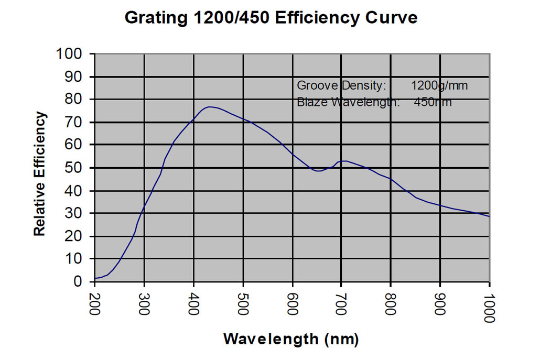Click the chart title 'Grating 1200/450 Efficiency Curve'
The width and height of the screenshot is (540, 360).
(x=271, y=17)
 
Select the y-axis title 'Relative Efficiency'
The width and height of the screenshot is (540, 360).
(x=40, y=174)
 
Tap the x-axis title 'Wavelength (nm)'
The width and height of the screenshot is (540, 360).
(x=291, y=339)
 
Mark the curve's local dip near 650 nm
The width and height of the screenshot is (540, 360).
(x=319, y=171)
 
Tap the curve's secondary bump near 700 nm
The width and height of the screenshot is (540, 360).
(x=343, y=161)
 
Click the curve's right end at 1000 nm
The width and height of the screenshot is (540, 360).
(x=489, y=216)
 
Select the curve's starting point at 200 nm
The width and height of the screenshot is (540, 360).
(x=95, y=278)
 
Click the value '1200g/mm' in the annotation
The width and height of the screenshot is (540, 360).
(x=439, y=85)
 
